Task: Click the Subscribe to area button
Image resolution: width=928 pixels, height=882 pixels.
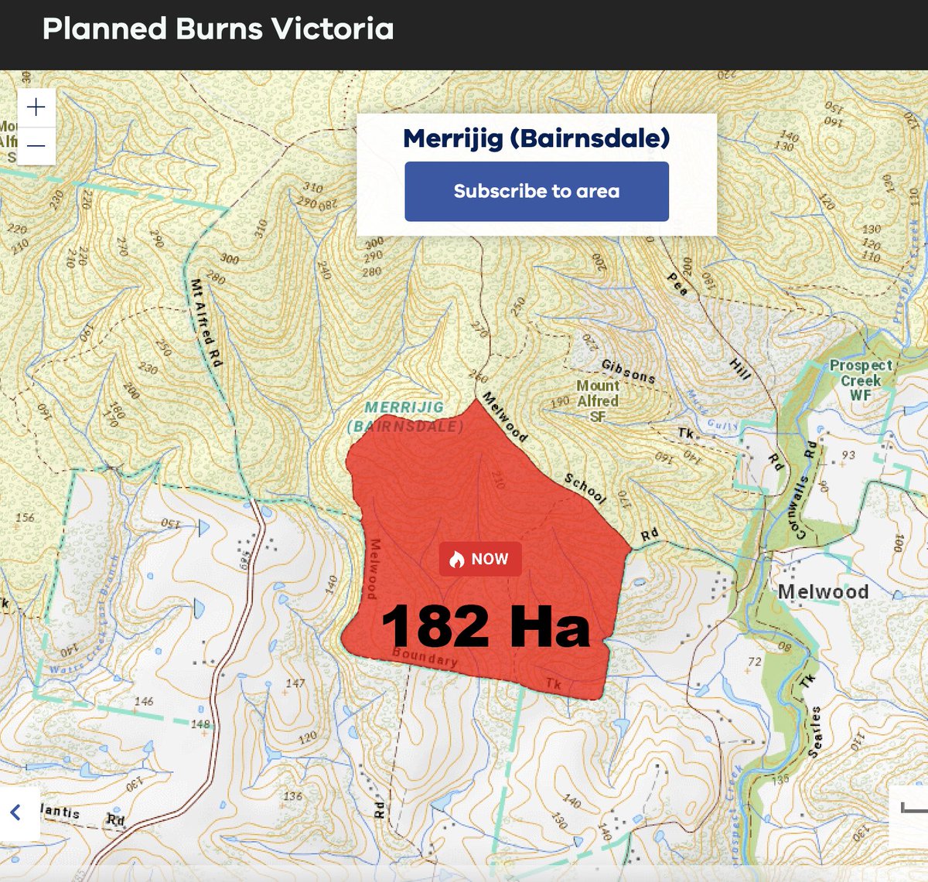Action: coord(537,191)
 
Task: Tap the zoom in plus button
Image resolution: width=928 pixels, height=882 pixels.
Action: coord(36,107)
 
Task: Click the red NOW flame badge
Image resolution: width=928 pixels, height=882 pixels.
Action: coord(480,559)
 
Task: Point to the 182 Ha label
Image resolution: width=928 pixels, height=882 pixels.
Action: coord(486,626)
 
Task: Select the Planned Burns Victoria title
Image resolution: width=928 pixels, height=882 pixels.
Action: coord(218,29)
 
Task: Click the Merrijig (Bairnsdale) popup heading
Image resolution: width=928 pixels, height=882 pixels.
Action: coord(537,138)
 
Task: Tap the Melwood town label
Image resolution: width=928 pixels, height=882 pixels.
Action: coord(823,592)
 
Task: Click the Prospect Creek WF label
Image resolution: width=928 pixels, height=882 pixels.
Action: coord(861,380)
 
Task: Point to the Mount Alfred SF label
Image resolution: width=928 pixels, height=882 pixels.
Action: coord(598,400)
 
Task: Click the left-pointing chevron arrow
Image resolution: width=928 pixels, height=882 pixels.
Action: coord(15,812)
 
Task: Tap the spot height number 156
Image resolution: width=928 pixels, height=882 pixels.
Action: coord(25,517)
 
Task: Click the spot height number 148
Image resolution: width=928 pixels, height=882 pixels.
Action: coord(200,724)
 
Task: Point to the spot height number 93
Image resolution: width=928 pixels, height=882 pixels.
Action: coord(848,455)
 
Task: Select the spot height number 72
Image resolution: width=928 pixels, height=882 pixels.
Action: coord(755,661)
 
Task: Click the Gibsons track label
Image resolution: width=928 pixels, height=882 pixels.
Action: coord(628,372)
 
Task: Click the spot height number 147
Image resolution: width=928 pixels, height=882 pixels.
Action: coord(295,683)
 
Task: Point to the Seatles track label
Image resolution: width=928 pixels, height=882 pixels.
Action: coord(814,730)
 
